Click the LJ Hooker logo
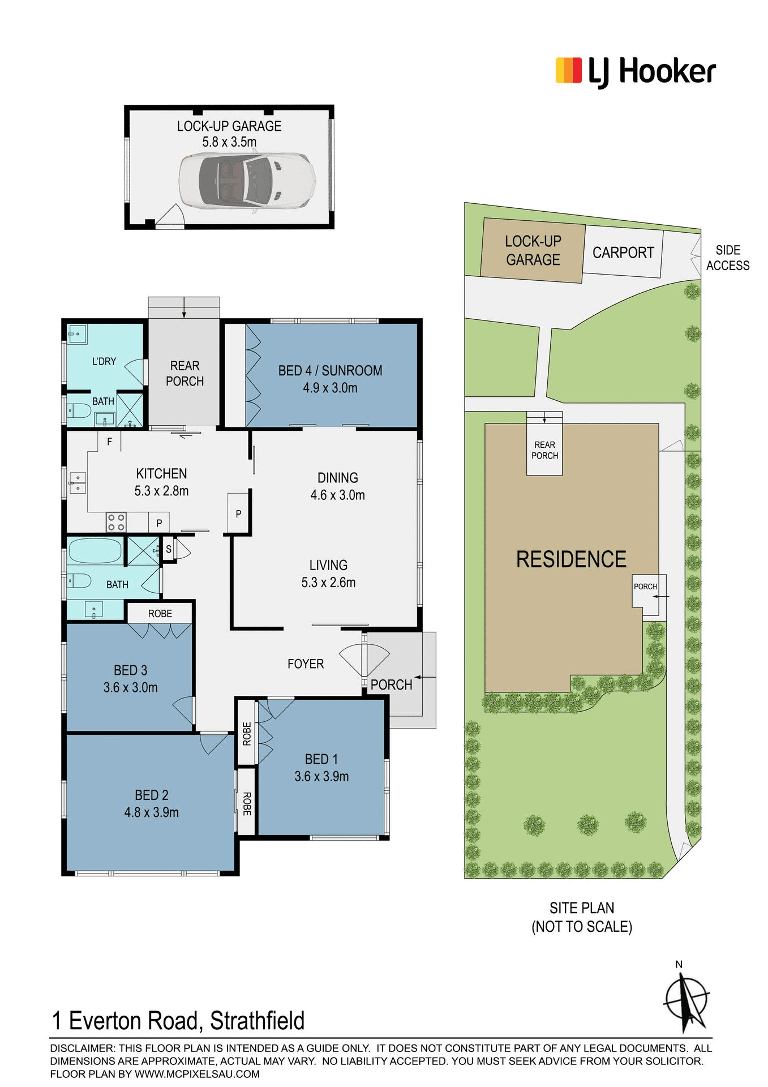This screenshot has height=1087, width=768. pos(636,72)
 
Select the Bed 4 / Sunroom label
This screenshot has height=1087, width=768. pos(330,379)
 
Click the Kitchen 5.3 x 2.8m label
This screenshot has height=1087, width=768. pos(161,482)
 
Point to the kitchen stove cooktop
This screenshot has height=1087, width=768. pos(116,522)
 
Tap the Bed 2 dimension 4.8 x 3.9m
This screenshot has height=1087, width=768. pos(152,812)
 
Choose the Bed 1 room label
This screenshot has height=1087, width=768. pos(321,767)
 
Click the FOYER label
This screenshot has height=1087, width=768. pos(306,664)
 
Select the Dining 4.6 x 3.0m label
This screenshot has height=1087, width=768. pos(338,486)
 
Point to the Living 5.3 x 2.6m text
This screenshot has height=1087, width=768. pos(328,574)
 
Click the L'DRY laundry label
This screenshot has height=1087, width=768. pos(104,361)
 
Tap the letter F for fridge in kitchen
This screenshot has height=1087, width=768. pos(110,442)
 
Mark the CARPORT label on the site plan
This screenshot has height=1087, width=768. pos(623,253)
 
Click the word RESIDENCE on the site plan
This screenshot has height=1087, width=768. pos(571,559)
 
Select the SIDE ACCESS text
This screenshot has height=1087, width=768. pos(728,258)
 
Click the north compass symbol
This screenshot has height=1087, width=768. pos(687,1000)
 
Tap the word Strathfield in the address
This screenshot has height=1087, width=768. pos(258,1021)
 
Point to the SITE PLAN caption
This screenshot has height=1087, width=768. pos(582,917)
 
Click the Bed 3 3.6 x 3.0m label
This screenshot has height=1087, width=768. pos(130,679)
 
